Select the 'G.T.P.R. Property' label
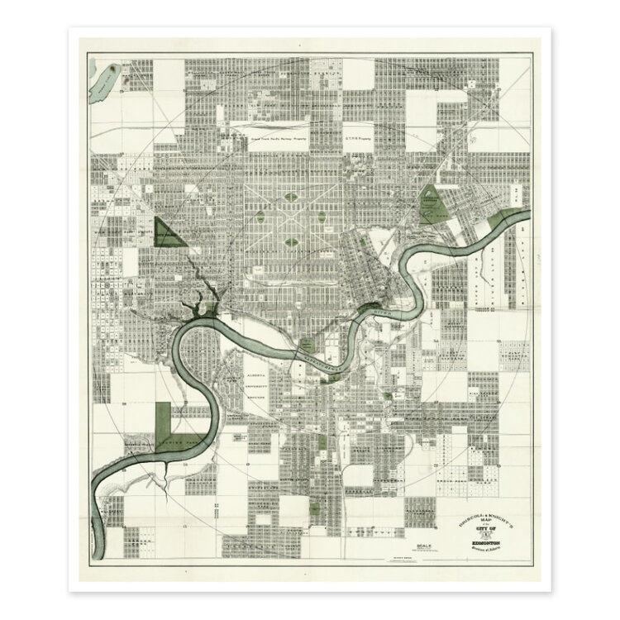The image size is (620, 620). point(355,141)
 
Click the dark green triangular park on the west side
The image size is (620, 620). point(166,232)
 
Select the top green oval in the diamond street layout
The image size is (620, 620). point(291,198)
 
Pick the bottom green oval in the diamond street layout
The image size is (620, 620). point(291,242)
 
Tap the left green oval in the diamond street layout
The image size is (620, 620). point(260,219)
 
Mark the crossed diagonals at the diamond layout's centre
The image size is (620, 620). point(291,220)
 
